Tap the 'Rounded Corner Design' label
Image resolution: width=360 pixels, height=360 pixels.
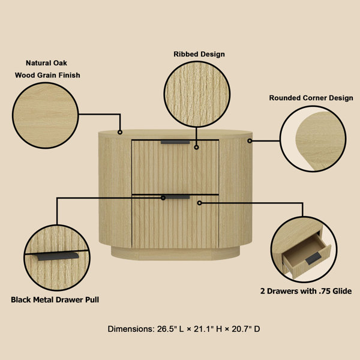(x=311, y=98)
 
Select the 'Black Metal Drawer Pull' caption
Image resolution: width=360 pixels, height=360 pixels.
(x=55, y=299)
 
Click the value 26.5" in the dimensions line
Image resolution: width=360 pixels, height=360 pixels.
(x=168, y=329)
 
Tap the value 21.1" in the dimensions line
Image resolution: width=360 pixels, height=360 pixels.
(x=203, y=329)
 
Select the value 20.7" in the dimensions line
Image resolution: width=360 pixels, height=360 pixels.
(x=238, y=329)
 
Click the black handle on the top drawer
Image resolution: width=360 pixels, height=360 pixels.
(x=175, y=142)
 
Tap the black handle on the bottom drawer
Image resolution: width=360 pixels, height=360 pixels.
(x=175, y=197)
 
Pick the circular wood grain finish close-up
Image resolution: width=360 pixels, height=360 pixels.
(x=46, y=115)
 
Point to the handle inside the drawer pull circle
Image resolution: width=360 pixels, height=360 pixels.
(x=57, y=256)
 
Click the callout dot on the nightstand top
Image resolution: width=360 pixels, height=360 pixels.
(x=120, y=131)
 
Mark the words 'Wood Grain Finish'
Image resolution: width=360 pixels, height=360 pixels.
(x=48, y=76)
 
